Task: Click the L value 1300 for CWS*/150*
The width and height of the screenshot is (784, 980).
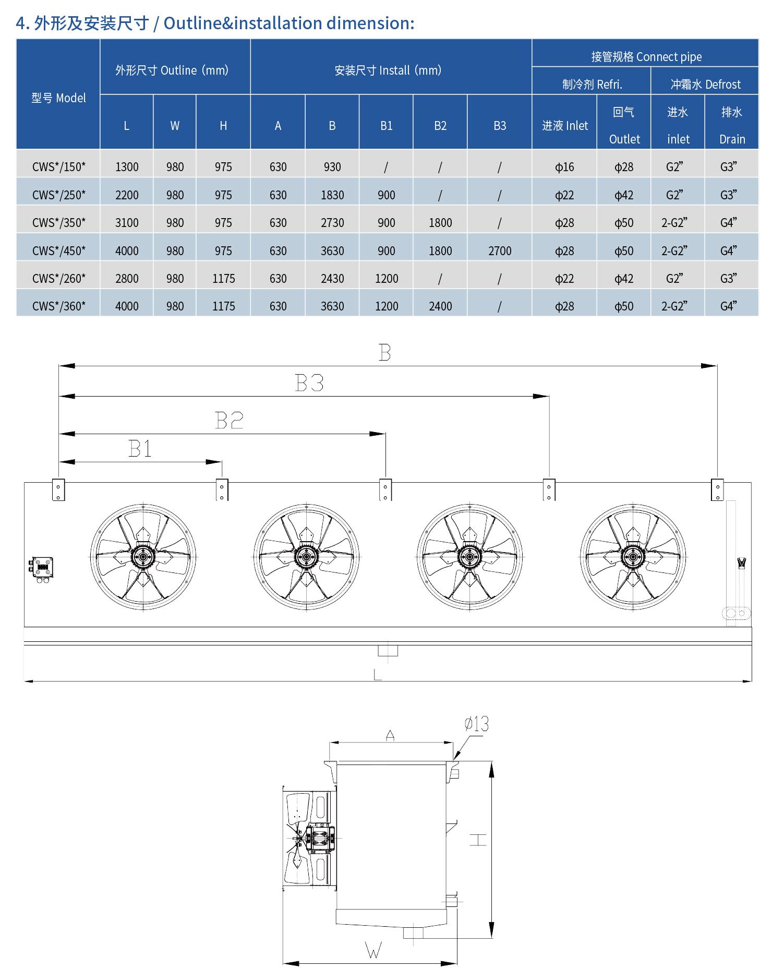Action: pos(127,167)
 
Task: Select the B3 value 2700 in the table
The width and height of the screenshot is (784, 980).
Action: pos(500,251)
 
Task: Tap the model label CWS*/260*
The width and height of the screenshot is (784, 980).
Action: pos(58,279)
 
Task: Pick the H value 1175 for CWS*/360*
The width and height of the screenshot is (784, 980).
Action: pos(223,306)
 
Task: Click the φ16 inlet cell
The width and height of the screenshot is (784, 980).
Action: pos(564,167)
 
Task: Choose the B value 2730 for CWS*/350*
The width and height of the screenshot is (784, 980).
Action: pos(332,223)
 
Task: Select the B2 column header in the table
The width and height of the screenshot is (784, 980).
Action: pos(440,126)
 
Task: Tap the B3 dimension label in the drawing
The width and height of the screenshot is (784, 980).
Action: pos(309,384)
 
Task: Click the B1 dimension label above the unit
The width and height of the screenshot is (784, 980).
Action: pos(140,449)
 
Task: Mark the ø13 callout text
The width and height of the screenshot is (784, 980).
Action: pos(476,724)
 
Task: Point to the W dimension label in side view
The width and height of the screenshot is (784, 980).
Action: pos(374,951)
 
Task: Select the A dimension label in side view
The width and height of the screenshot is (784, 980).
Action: pos(390,736)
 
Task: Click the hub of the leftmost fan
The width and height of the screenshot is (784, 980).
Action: pos(142,557)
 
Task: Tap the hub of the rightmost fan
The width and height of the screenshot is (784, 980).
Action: pos(633,557)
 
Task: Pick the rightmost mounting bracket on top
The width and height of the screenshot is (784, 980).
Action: pos(717,489)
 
